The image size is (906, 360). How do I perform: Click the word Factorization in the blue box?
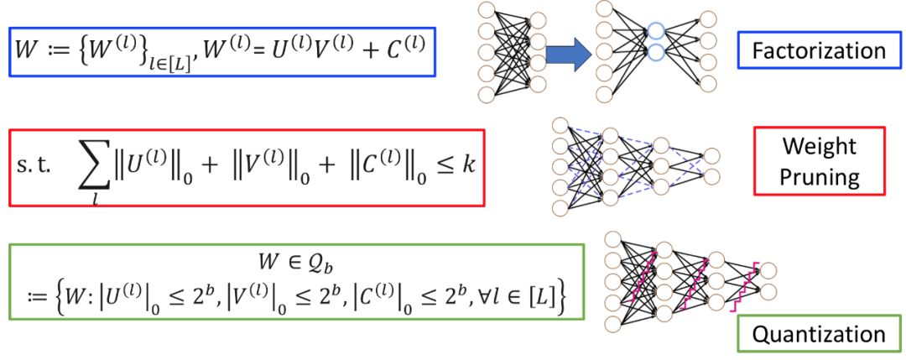pos(818,50)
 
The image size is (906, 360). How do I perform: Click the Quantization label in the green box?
pos(818,334)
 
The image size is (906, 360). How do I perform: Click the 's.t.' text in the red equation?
pos(34,164)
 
